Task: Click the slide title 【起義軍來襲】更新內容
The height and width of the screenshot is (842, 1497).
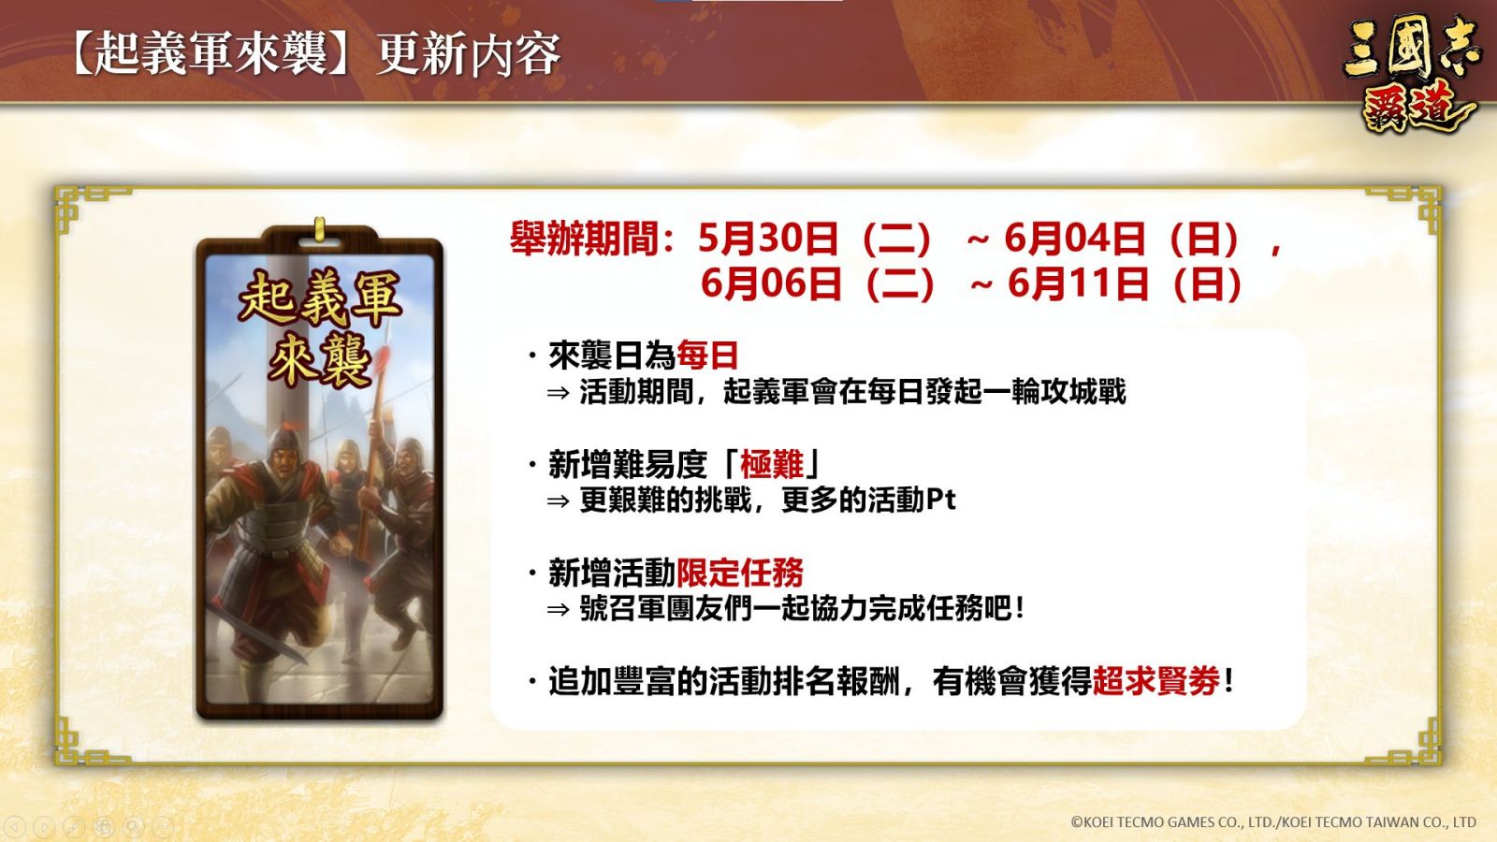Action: point(314,53)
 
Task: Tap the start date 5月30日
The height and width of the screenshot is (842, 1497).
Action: point(768,239)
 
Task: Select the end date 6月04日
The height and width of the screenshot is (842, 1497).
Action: point(1075,239)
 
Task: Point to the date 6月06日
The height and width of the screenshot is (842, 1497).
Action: point(771,283)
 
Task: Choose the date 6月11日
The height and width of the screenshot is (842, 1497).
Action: point(1078,283)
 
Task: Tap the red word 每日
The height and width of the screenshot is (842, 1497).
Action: point(707,355)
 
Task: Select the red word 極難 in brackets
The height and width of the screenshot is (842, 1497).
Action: point(772,464)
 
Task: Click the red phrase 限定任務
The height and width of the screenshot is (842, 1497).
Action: point(740,573)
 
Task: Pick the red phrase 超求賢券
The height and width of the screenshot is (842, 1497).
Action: point(1156,681)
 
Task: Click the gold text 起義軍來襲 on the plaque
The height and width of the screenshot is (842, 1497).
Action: point(319,328)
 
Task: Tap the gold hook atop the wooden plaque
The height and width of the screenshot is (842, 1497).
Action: point(319,228)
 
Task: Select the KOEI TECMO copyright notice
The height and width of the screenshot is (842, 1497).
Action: point(1273,822)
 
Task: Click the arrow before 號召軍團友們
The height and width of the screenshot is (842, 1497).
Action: point(558,610)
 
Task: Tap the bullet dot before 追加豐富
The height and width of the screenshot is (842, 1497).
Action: point(532,681)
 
